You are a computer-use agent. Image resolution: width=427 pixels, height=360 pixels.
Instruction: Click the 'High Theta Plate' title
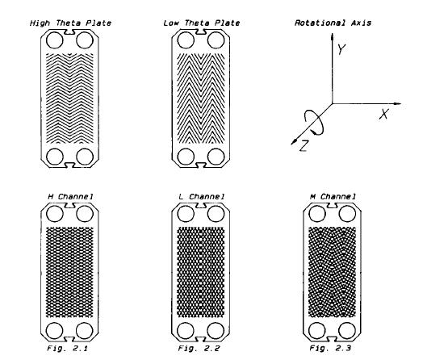[x=70, y=23]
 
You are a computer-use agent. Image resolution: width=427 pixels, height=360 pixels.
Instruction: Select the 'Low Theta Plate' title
[x=202, y=23]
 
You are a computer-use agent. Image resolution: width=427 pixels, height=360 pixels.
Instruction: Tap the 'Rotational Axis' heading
[x=333, y=23]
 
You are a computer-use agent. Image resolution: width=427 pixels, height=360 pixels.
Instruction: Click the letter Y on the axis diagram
[x=341, y=49]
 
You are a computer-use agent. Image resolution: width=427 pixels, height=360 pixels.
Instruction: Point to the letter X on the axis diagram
[x=384, y=114]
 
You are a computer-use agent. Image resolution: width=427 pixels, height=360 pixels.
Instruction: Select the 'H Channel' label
[x=70, y=196]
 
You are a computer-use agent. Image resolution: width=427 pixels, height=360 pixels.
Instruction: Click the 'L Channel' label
[x=202, y=196]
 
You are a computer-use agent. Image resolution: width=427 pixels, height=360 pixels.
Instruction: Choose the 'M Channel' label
[x=333, y=196]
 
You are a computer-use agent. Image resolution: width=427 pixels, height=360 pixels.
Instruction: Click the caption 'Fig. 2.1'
[x=67, y=348]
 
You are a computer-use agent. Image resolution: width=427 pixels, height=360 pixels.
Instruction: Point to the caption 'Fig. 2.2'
[x=199, y=348]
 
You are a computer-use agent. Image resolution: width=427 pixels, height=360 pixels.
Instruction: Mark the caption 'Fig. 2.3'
[x=330, y=348]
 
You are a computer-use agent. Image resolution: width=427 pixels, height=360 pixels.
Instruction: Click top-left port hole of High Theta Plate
[x=55, y=40]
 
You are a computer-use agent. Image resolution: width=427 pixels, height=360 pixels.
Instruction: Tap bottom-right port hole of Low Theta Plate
[x=216, y=157]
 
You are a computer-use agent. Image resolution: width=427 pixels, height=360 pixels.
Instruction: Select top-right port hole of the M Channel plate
[x=347, y=213]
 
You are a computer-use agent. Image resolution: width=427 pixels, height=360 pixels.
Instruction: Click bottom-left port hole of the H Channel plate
[x=55, y=331]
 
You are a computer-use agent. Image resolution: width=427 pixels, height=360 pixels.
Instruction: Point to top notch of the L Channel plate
[x=201, y=206]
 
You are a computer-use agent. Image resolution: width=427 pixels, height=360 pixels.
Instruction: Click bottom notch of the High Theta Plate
[x=69, y=165]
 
